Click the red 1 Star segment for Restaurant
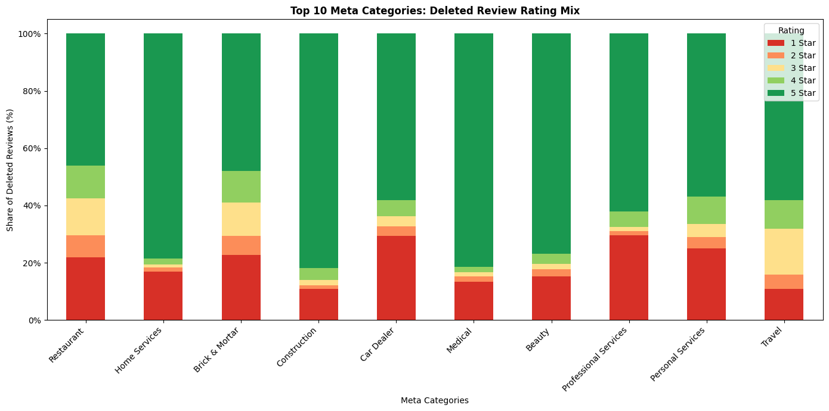(85, 289)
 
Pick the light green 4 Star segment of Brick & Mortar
(241, 186)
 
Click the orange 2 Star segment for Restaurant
(85, 246)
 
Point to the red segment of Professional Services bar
(629, 278)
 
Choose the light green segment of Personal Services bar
(706, 210)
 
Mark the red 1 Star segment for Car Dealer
(396, 278)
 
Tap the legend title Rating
(791, 30)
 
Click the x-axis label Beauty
(539, 339)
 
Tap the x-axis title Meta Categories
(434, 400)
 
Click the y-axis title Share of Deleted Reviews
(10, 170)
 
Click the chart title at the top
(434, 11)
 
